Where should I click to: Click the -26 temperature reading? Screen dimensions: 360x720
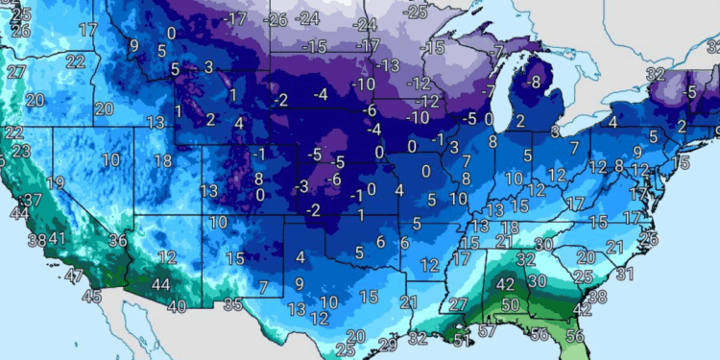[277, 19]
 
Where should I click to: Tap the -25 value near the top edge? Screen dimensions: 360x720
[417, 12]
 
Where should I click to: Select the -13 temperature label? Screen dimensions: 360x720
[388, 65]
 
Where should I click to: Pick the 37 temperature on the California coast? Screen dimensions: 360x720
[33, 200]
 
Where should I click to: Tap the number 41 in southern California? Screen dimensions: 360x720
[58, 239]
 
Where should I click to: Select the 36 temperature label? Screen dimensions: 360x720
[118, 241]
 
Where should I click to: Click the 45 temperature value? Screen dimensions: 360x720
[91, 297]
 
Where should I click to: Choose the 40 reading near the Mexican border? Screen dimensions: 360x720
[177, 307]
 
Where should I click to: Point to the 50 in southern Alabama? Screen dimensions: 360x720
[510, 304]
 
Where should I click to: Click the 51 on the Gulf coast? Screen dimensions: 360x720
[462, 338]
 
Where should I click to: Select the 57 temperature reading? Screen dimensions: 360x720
[489, 332]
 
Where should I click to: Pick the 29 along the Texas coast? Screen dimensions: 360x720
[388, 344]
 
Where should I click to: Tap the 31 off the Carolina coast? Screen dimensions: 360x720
[625, 274]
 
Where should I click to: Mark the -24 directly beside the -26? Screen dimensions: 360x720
[308, 19]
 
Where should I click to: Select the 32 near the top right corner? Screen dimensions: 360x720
[656, 73]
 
